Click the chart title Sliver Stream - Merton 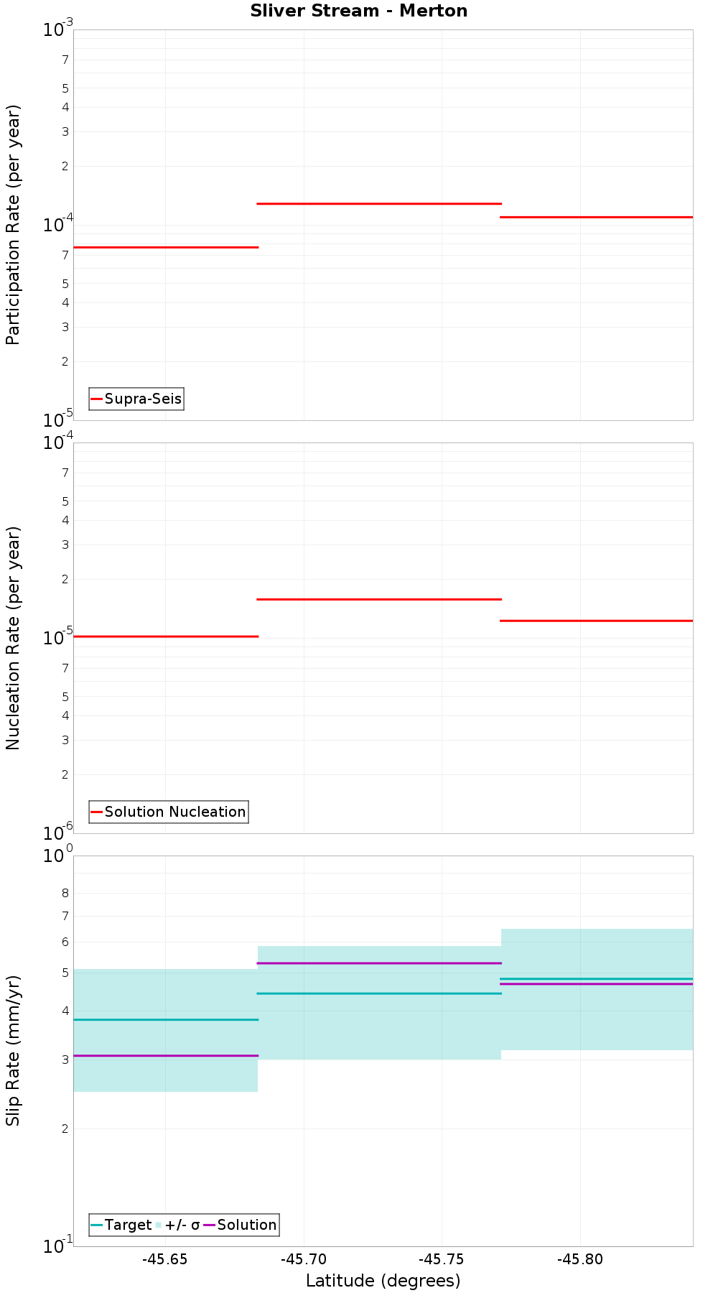pos(358,11)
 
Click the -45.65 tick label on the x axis pos(165,1259)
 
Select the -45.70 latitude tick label pos(304,1259)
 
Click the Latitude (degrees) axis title pos(383,1281)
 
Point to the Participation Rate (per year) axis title pos(13,225)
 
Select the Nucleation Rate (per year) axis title pos(13,638)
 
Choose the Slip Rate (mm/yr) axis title pos(13,1050)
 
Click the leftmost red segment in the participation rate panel pos(165,247)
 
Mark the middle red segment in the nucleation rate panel pos(379,599)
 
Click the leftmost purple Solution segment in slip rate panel pos(165,1055)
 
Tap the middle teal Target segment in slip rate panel pos(379,993)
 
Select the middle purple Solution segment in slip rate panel pos(379,963)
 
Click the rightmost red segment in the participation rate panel pos(597,217)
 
